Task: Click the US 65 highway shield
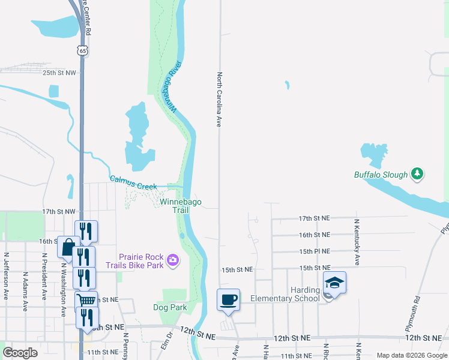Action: (x=83, y=51)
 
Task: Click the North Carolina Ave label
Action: (x=220, y=100)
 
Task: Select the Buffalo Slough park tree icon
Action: (x=418, y=175)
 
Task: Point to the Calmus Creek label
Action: (x=133, y=182)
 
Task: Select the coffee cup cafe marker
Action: (x=228, y=299)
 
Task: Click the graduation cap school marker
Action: (x=335, y=283)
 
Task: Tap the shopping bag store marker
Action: (x=68, y=247)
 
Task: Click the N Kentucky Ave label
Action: (x=357, y=242)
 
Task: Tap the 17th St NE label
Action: (x=314, y=218)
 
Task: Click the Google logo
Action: (x=20, y=353)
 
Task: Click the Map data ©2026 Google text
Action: (x=411, y=355)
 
